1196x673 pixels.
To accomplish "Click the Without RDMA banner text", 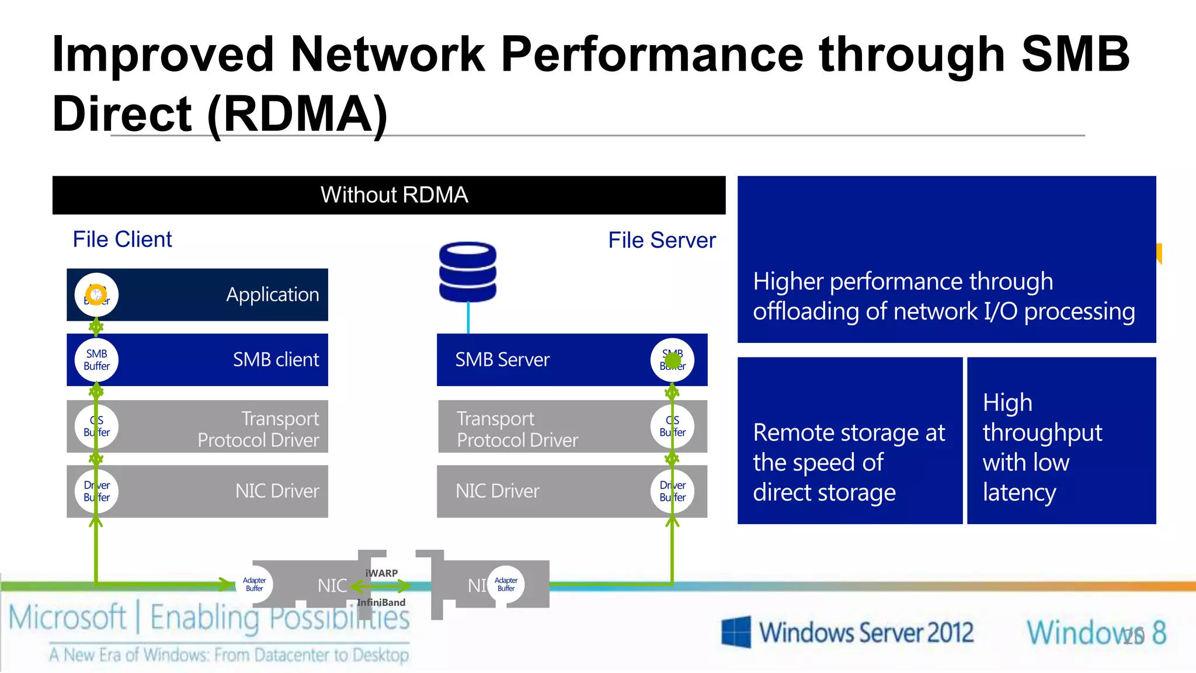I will (x=394, y=195).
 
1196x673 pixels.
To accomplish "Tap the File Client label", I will (x=122, y=240).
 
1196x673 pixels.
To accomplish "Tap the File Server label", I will (x=662, y=240).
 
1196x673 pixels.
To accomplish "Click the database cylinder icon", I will (x=468, y=272).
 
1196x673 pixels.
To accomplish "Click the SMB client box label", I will (x=276, y=359).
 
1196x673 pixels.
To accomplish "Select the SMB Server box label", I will (x=502, y=359).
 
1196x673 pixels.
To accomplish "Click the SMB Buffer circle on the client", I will (x=97, y=360).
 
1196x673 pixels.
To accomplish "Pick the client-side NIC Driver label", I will (x=277, y=491).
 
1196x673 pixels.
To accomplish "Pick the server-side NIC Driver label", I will (x=498, y=491).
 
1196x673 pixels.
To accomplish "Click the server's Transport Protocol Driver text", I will (x=517, y=429).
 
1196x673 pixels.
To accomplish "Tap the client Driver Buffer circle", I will (x=97, y=491).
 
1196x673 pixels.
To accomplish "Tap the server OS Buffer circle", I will (x=672, y=426).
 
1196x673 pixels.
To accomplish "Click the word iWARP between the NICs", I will (x=381, y=573).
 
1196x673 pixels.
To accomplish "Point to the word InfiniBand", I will (x=381, y=602).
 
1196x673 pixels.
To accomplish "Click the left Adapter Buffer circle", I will (x=255, y=584).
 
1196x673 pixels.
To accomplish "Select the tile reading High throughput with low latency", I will (x=1061, y=440).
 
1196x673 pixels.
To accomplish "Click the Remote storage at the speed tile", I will (x=850, y=440).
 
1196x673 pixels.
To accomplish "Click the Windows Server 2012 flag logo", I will (x=736, y=632).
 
